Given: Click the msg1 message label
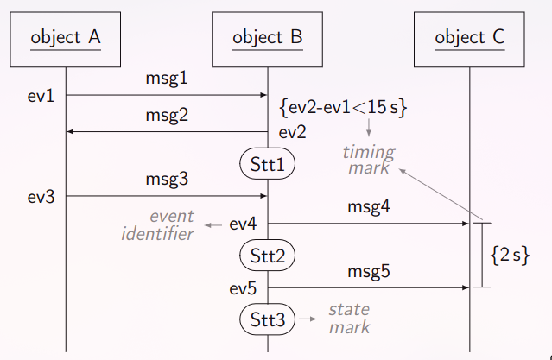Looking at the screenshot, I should [x=167, y=79].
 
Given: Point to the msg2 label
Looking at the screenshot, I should [x=167, y=115].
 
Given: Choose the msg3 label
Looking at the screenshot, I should [x=167, y=180].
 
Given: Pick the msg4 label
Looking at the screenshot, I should [x=369, y=207].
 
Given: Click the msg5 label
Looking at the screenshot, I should [x=369, y=271].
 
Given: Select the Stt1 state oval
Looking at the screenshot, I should [x=268, y=162].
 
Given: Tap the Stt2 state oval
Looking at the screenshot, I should [x=268, y=255].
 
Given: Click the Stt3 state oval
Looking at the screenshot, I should [x=268, y=319].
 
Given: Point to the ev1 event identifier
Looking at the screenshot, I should [x=41, y=95].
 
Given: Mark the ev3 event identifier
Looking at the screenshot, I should [x=41, y=197].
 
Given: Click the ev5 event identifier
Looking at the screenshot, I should [x=243, y=287].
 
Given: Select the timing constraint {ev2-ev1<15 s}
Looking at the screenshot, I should [x=344, y=107].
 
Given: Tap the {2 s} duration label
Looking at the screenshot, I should [x=510, y=256].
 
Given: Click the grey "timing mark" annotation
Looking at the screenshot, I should [x=369, y=161].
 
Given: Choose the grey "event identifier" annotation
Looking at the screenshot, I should [x=157, y=225].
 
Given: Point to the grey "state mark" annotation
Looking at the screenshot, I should [x=349, y=319].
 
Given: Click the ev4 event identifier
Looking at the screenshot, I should [x=243, y=224].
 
